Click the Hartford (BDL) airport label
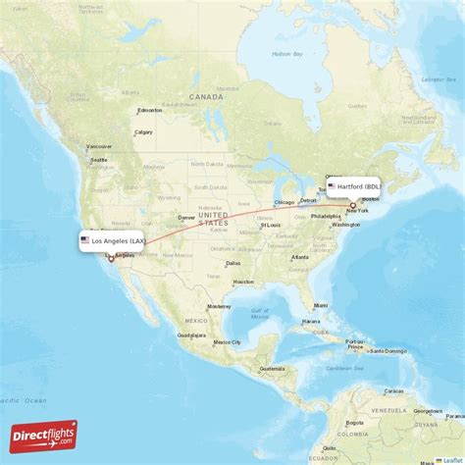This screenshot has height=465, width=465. tap(361, 186)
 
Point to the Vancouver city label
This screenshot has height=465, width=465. tap(99, 146)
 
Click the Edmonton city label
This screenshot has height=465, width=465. tap(149, 110)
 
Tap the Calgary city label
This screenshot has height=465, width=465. tap(143, 132)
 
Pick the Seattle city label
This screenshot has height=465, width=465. tap(98, 160)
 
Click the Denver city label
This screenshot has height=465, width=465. tap(185, 218)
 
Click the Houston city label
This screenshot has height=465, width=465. tap(243, 283)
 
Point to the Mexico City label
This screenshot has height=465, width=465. tap(227, 341)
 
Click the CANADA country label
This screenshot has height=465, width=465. tap(207, 97)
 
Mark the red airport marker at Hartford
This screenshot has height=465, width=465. tap(353, 205)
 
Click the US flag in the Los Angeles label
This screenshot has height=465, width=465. tap(85, 240)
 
